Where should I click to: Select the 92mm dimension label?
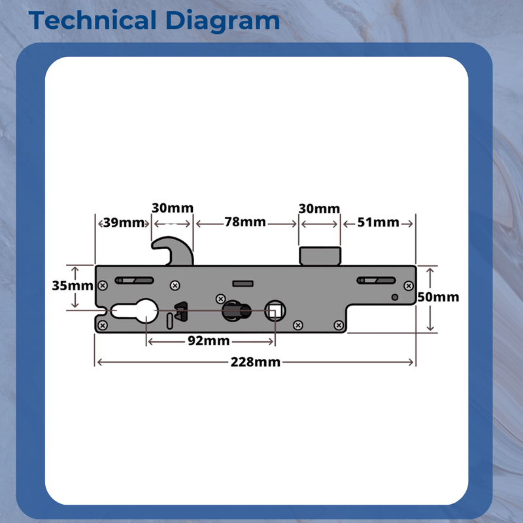(x=209, y=341)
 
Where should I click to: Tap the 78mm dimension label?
(x=245, y=222)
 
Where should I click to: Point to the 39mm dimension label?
(x=124, y=222)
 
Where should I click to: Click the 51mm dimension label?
(x=378, y=222)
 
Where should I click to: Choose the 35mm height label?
(x=63, y=286)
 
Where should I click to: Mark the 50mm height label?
(x=438, y=297)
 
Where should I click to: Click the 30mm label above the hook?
(x=173, y=208)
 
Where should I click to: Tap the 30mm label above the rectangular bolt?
(x=319, y=209)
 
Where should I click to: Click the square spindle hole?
(x=275, y=311)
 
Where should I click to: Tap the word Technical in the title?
(x=91, y=20)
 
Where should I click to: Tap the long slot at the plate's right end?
(x=376, y=281)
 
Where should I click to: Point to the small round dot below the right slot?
(x=395, y=298)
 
